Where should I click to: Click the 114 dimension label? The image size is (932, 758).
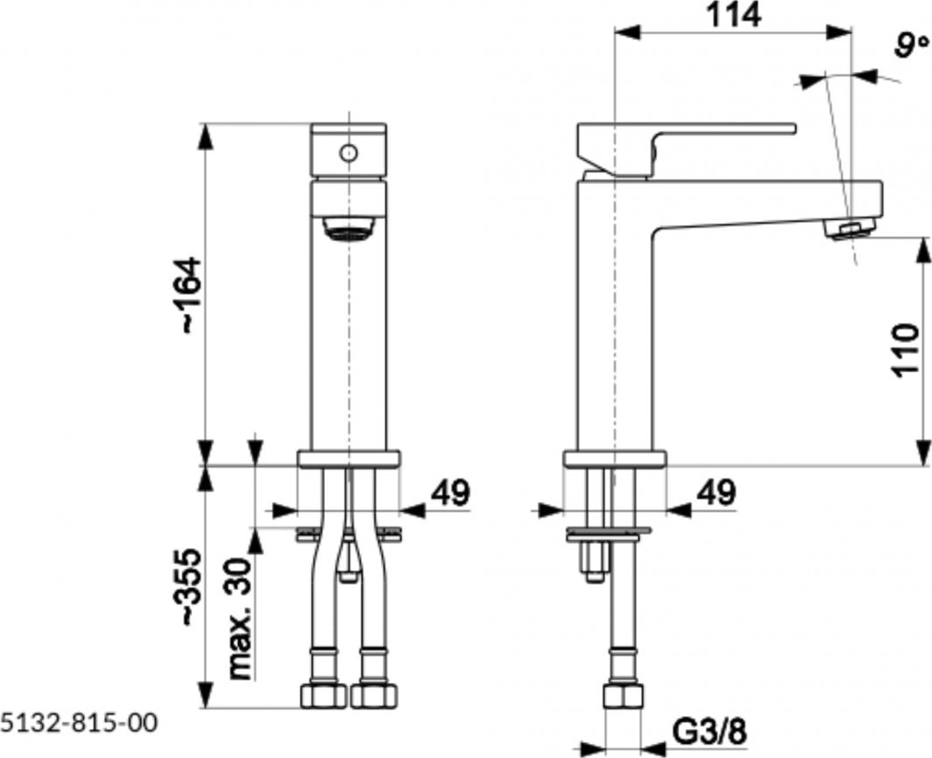(x=733, y=15)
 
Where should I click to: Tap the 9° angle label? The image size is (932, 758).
(x=911, y=46)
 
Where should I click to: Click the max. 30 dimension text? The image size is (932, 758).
(x=242, y=619)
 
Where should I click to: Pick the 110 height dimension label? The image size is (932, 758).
(x=905, y=350)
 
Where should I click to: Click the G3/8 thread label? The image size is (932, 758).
(x=710, y=731)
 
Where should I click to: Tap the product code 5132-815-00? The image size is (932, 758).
(x=79, y=723)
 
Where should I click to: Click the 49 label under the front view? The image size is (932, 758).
(x=450, y=492)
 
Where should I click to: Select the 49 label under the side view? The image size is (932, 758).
(x=717, y=492)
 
